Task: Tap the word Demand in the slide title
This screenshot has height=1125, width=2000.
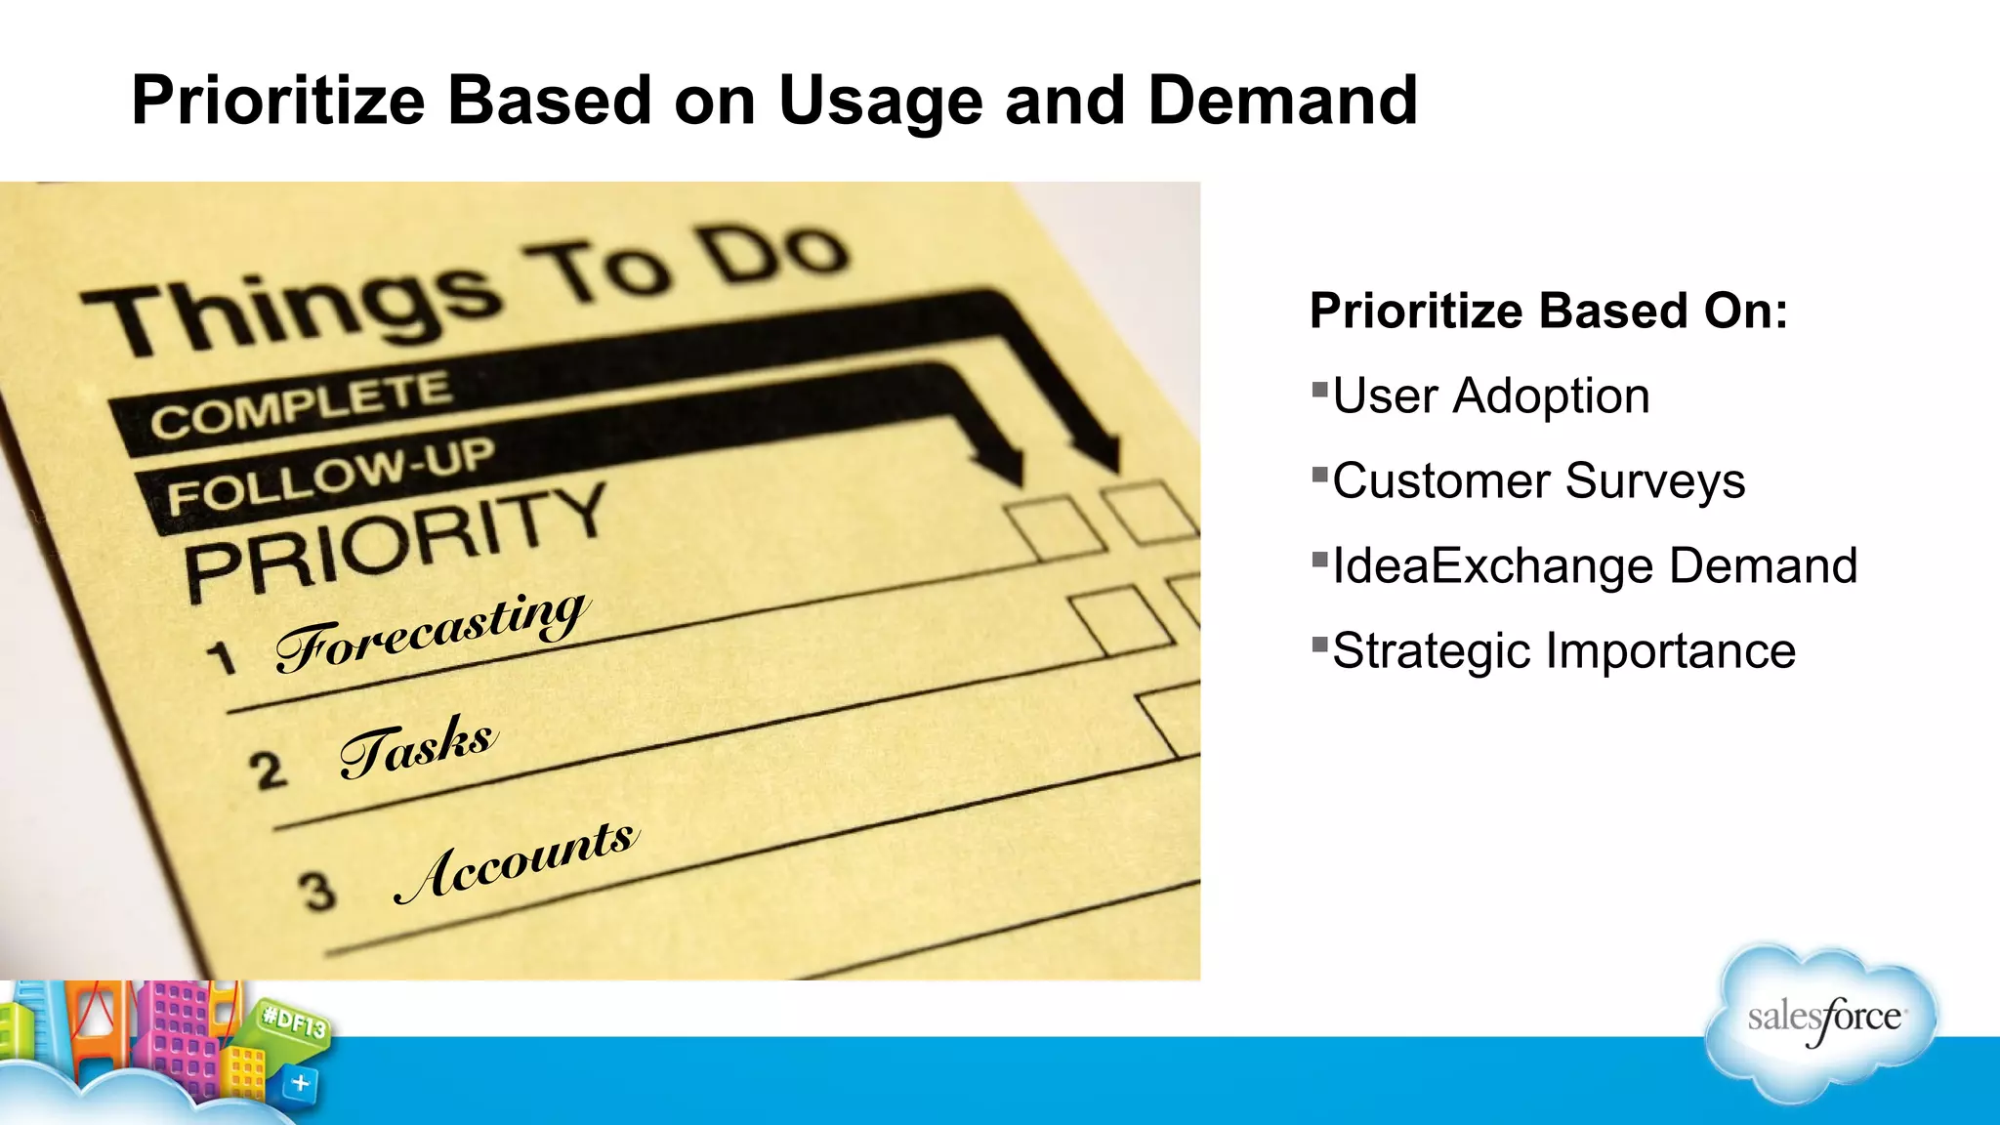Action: point(1281,102)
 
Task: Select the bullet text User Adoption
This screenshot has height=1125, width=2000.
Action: point(1490,396)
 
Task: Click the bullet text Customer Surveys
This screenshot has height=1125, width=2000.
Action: point(1538,481)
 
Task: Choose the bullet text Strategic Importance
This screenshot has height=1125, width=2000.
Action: point(1563,651)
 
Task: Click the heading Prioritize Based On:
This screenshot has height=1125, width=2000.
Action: point(1548,312)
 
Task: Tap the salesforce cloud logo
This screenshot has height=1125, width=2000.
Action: point(1822,1020)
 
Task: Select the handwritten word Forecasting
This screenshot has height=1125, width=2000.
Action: point(432,632)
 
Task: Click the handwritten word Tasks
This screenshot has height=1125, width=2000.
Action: point(418,746)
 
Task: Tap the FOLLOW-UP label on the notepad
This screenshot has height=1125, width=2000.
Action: point(330,475)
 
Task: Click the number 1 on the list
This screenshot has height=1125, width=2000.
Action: point(223,658)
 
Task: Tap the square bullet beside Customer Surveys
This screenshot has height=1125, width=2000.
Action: point(1319,476)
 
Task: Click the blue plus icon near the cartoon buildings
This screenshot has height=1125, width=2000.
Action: point(301,1083)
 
